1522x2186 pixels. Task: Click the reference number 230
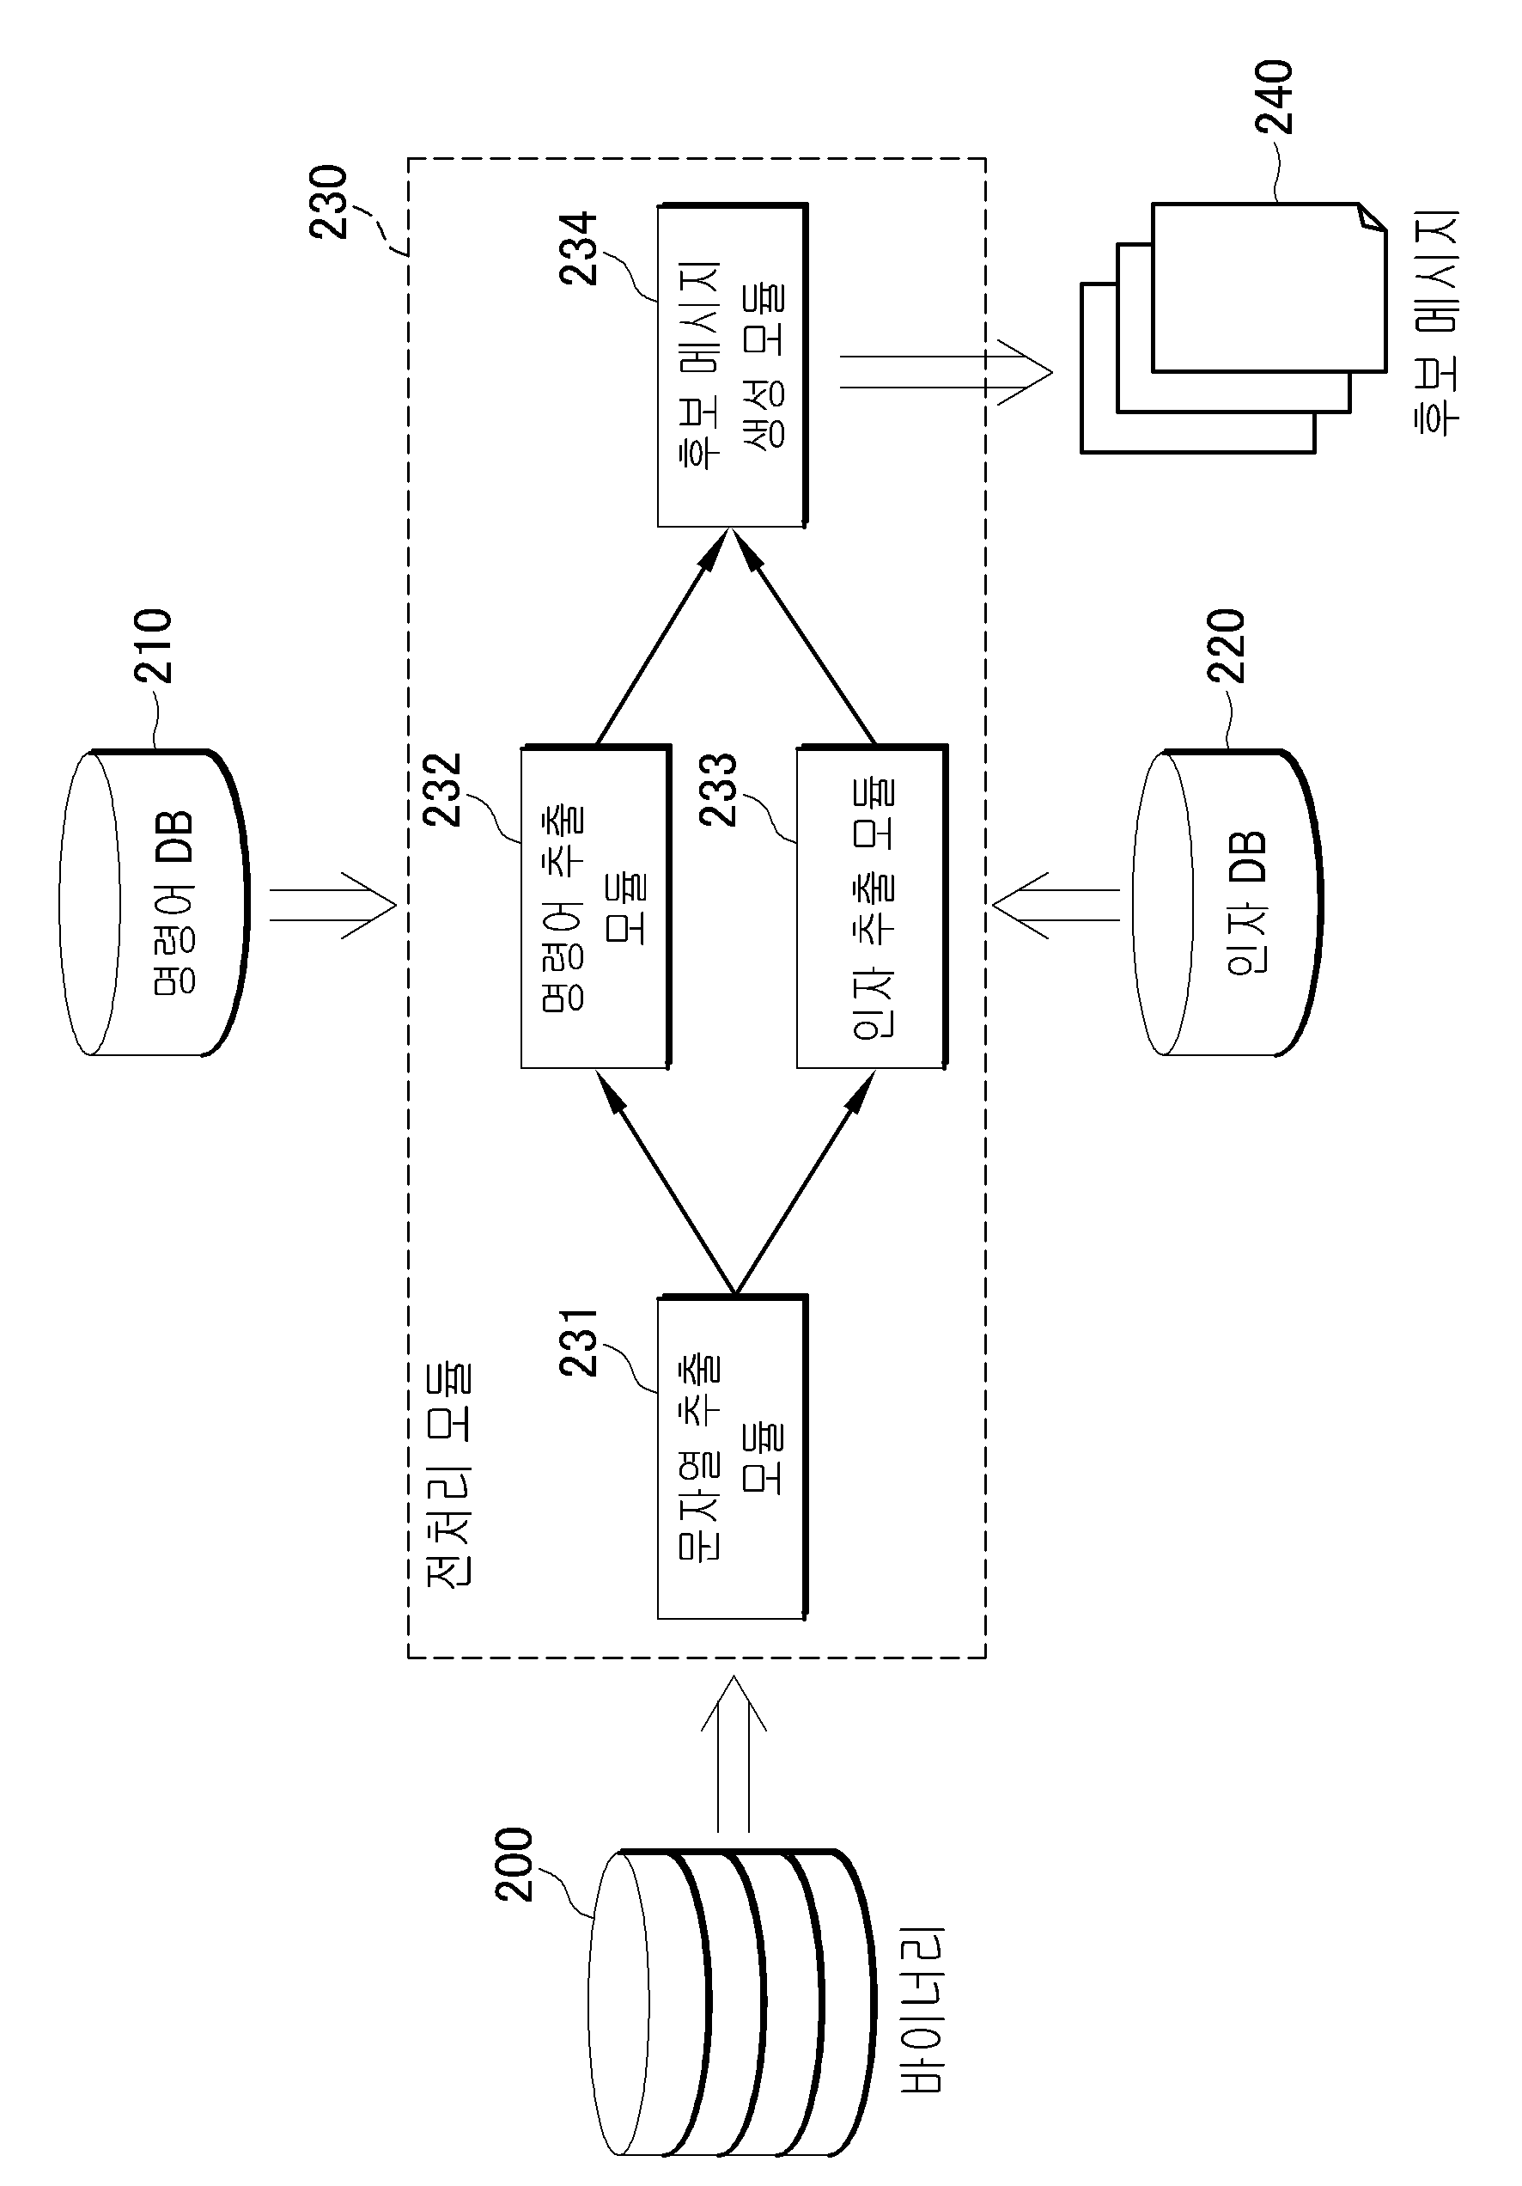point(328,202)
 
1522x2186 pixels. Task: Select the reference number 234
point(578,248)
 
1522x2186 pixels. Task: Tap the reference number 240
point(1275,97)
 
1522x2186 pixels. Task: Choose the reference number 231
point(578,1342)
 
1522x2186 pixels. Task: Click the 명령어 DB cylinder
point(153,902)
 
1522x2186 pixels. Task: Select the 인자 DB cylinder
point(1227,902)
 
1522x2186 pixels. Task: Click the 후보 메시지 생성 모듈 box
point(732,364)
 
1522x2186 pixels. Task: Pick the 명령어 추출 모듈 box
point(596,907)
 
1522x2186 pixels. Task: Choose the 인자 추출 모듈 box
point(872,907)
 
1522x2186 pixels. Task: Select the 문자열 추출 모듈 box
point(732,1456)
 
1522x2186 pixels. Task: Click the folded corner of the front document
point(1372,218)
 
